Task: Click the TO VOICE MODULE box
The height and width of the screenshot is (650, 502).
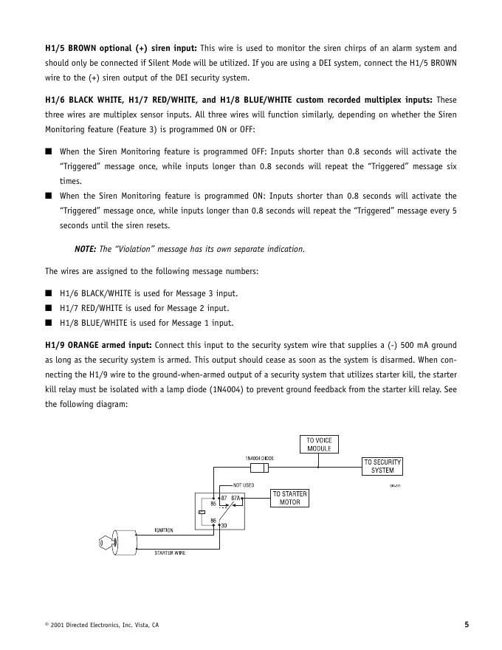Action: click(x=319, y=444)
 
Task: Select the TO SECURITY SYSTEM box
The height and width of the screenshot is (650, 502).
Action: click(x=382, y=466)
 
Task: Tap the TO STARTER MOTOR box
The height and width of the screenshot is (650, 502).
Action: click(x=289, y=498)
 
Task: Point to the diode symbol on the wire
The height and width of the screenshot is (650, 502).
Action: click(x=258, y=467)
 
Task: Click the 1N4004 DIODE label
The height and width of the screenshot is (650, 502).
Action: click(x=259, y=458)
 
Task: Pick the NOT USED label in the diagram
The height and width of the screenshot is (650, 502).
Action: click(x=243, y=485)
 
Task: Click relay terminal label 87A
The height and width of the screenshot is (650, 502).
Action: click(x=236, y=499)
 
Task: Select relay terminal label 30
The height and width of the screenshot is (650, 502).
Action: click(x=224, y=525)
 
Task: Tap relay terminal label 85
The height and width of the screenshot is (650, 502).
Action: click(x=213, y=504)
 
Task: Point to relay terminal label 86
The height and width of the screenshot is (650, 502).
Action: click(x=213, y=520)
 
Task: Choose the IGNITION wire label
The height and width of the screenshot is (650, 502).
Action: click(x=164, y=530)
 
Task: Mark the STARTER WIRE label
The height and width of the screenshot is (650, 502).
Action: click(x=170, y=553)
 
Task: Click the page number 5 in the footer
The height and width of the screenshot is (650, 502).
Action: click(x=467, y=625)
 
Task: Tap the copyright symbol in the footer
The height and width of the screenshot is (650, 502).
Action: click(x=47, y=625)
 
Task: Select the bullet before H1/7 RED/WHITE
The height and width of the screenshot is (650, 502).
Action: click(x=48, y=308)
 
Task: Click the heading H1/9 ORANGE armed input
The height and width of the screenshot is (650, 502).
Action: click(x=98, y=345)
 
